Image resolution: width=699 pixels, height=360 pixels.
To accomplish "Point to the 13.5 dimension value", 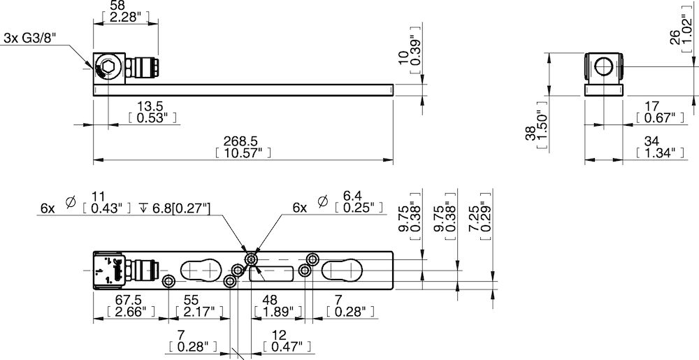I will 147,112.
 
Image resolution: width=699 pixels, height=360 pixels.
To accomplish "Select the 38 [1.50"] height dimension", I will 537,129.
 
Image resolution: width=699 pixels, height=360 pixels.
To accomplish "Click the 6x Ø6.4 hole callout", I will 338,203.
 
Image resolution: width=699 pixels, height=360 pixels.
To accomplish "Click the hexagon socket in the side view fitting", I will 108,68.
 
